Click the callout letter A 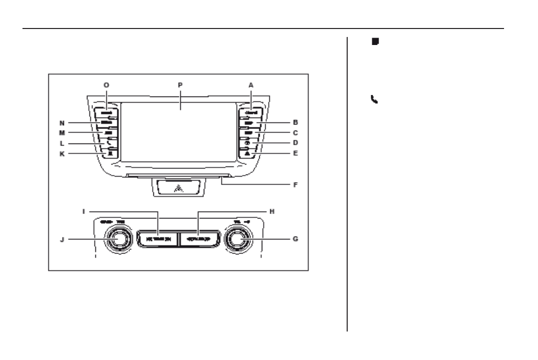tap(251, 85)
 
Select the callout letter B tap(296, 122)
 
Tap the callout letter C tap(296, 133)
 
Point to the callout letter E tap(296, 154)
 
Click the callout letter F tap(296, 184)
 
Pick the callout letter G tap(296, 239)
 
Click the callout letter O tap(106, 85)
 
